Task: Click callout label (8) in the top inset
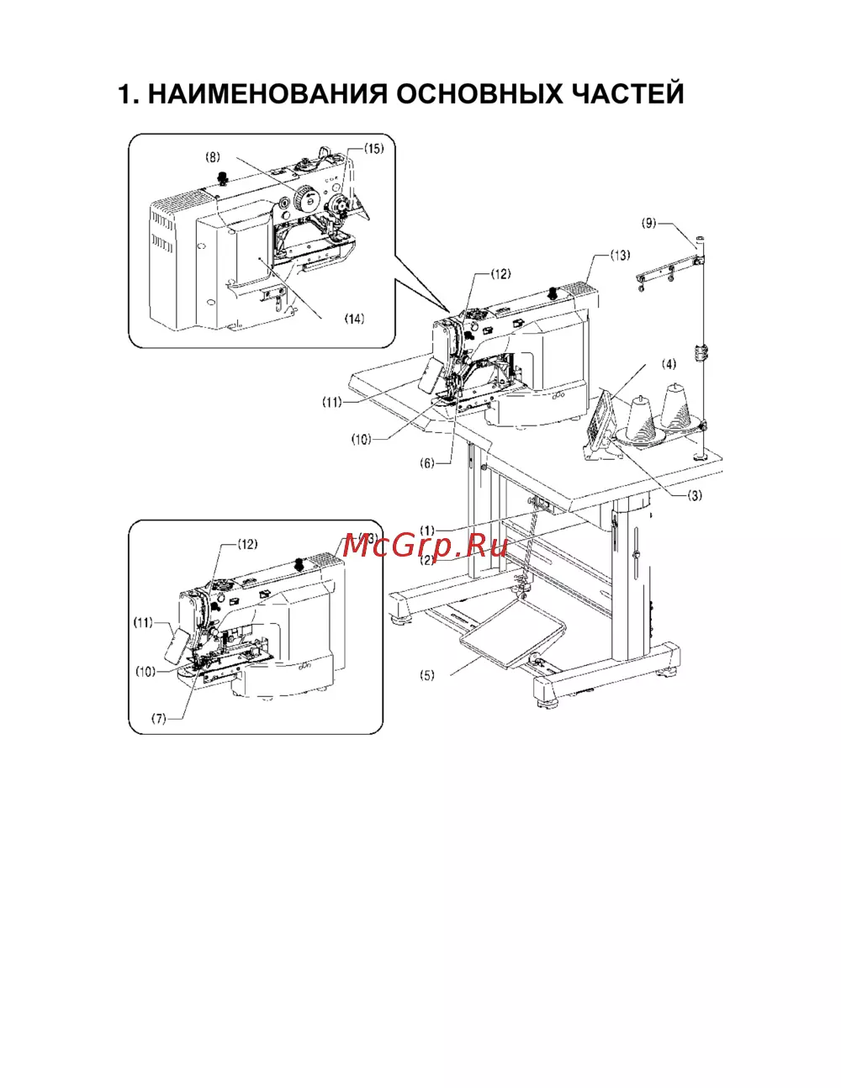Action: (x=213, y=157)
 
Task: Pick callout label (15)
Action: (x=373, y=149)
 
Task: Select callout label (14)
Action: (x=354, y=319)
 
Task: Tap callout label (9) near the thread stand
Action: (x=649, y=224)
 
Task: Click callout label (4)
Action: (x=669, y=364)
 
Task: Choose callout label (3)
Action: (x=695, y=495)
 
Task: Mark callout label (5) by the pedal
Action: (x=427, y=675)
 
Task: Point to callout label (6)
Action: (x=427, y=463)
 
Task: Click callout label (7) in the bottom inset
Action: (x=159, y=719)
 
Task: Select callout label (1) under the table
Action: (x=427, y=530)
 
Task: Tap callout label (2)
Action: (x=427, y=560)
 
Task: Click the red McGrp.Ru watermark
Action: (x=426, y=546)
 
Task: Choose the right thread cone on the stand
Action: (x=676, y=404)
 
